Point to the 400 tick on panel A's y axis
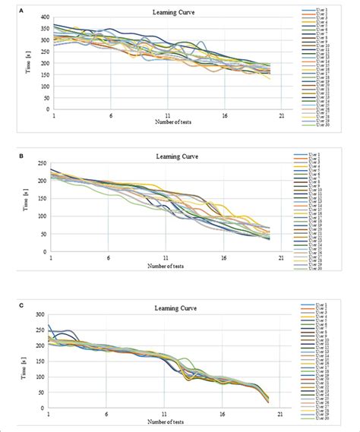[x=45, y=17]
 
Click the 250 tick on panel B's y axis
[x=41, y=165]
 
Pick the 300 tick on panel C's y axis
[x=39, y=314]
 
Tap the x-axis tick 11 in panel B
[x=165, y=259]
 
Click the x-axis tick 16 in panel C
[x=223, y=415]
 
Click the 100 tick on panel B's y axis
[x=41, y=216]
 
